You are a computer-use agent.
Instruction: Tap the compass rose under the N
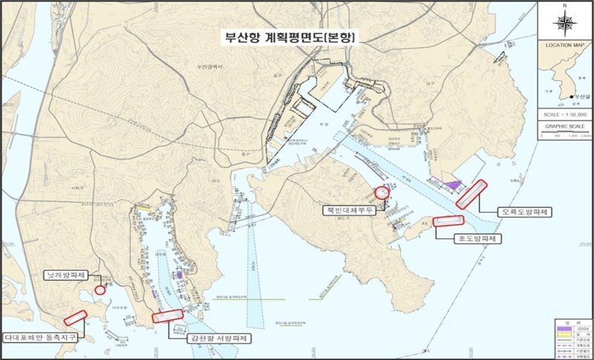point(566,23)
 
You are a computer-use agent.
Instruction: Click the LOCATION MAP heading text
point(566,45)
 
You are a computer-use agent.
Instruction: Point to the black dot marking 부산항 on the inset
point(570,96)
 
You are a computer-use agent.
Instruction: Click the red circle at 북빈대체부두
point(382,192)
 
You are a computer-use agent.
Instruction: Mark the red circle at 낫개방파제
point(99,290)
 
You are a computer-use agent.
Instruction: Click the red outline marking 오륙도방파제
point(471,193)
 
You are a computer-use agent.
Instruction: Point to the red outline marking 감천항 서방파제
point(167,315)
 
